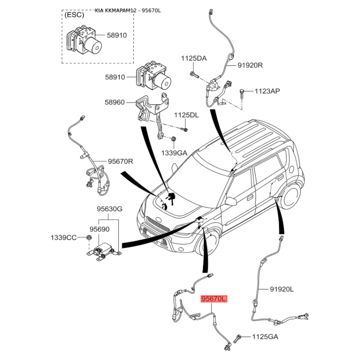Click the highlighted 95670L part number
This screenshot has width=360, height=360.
(x=214, y=299)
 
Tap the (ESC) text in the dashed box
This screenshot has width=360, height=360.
(x=74, y=15)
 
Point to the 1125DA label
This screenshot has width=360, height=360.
(x=194, y=58)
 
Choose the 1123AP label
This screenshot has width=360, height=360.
(x=267, y=91)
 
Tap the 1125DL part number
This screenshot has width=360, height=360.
(x=186, y=115)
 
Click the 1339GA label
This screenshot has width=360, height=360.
(x=174, y=153)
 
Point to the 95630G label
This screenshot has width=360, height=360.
(x=110, y=209)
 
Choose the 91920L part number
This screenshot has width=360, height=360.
(x=282, y=289)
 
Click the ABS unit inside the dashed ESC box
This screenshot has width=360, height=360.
(x=84, y=40)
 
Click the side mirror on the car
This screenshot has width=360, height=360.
(x=231, y=201)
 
